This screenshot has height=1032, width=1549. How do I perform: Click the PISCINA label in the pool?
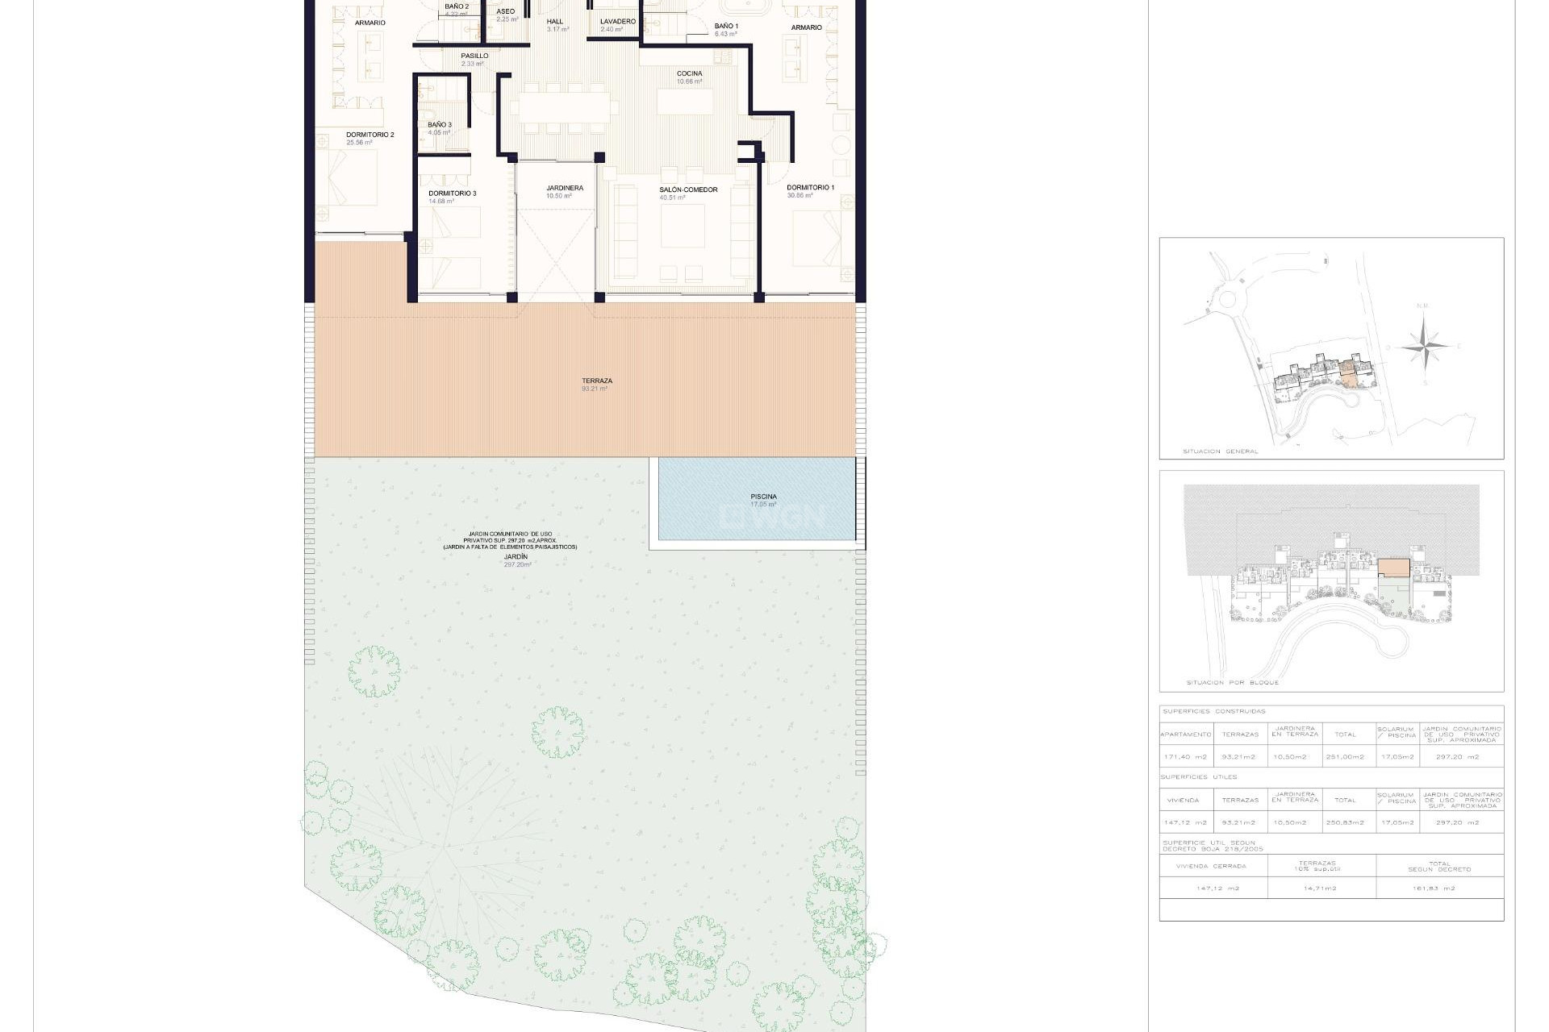tap(763, 497)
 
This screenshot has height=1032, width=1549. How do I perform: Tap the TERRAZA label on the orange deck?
tap(596, 381)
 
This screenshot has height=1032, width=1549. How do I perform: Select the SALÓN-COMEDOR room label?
tap(687, 190)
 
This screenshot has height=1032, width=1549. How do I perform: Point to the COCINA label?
tap(689, 73)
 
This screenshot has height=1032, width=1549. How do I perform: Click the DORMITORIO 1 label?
tap(810, 188)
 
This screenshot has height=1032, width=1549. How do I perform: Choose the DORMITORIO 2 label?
tap(370, 135)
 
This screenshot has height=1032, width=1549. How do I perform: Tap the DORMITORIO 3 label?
tap(452, 193)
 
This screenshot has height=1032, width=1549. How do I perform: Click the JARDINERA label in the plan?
tap(564, 189)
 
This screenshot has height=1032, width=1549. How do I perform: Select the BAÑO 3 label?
tap(439, 125)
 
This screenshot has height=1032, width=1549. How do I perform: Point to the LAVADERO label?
tap(617, 22)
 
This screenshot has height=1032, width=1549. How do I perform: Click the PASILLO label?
tap(474, 56)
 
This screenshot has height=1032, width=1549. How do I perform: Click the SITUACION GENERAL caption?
tap(1220, 451)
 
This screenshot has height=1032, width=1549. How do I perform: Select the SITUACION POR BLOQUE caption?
tap(1232, 683)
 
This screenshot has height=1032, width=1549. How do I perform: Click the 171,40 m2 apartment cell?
tap(1185, 757)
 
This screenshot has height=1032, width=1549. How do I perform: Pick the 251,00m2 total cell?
tap(1345, 757)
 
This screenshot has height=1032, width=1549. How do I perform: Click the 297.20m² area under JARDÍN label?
tap(517, 565)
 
